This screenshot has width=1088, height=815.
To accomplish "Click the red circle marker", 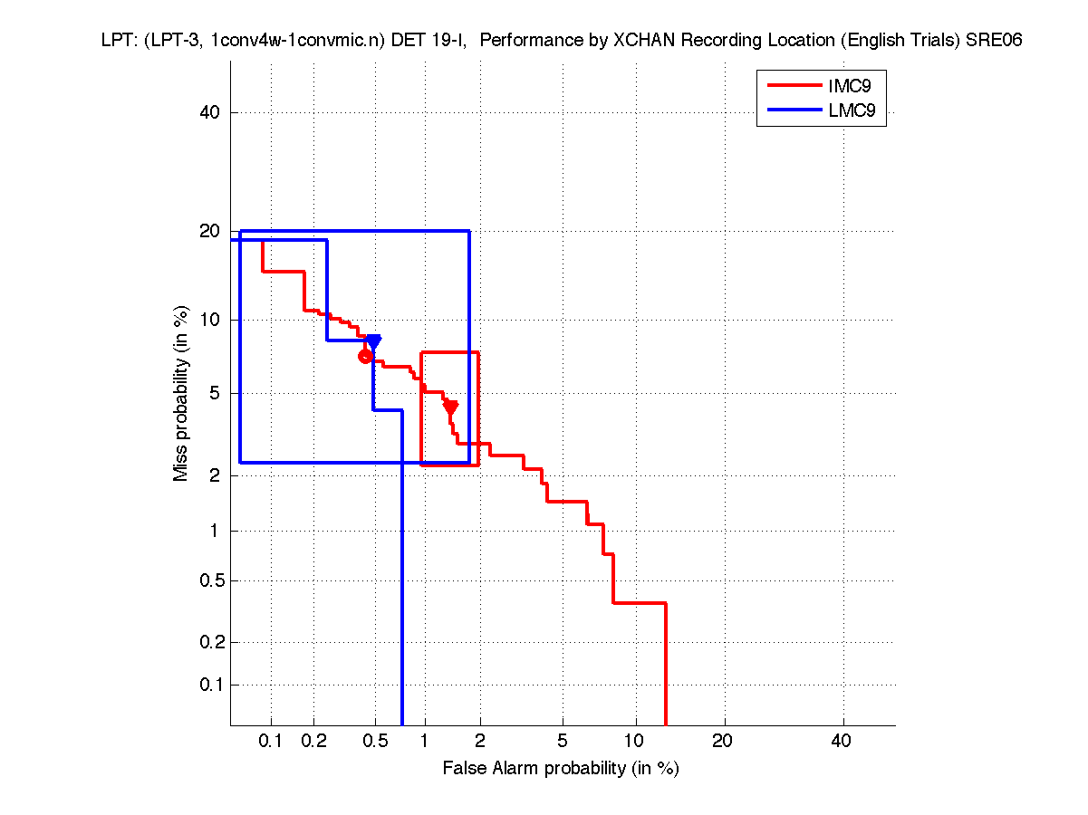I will pos(366,356).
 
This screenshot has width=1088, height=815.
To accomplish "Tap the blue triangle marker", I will pos(373,341).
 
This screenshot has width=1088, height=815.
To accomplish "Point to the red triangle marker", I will pos(450,407).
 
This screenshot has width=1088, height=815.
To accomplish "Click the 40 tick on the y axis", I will pos(213,112).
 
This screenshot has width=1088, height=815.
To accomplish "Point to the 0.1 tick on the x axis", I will pos(271,741).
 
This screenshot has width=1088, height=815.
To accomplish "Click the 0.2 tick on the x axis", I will pos(314,741).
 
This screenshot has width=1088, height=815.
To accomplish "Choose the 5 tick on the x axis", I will pos(563,741).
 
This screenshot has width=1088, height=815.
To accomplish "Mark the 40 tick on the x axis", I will pos(842,741).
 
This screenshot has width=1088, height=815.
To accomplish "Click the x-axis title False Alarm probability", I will pos(561,769).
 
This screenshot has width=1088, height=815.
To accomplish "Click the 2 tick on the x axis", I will pos(480,741).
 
